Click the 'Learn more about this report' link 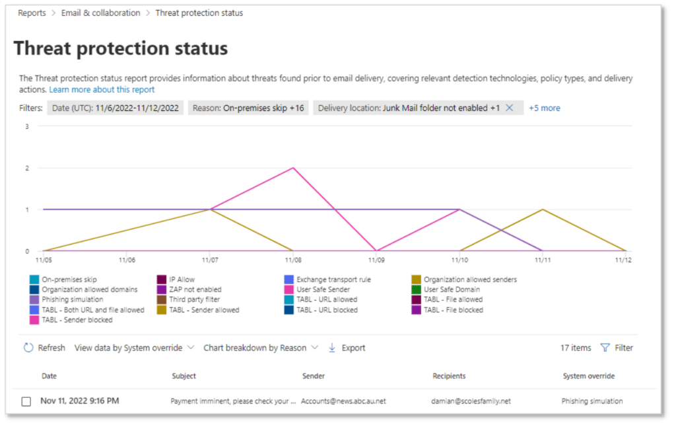click(x=102, y=89)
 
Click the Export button click(x=347, y=348)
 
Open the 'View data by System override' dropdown click(x=134, y=348)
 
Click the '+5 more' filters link click(x=544, y=108)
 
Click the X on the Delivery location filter click(x=509, y=108)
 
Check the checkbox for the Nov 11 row click(x=26, y=401)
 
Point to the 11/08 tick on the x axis click(x=292, y=260)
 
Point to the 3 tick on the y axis click(x=27, y=126)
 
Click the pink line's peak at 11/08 click(x=292, y=168)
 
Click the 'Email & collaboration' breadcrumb click(x=101, y=13)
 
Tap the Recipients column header click(x=449, y=376)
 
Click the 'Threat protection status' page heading click(x=121, y=48)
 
